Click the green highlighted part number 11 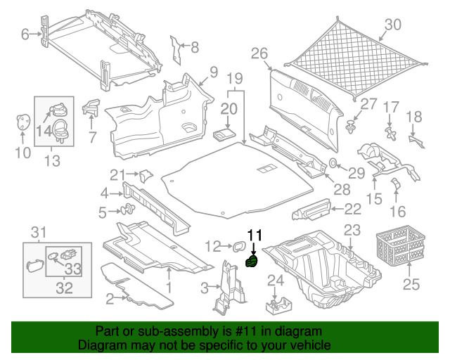[x=251, y=261]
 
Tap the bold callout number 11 [x=255, y=236]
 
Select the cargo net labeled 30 [x=356, y=58]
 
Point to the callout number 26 [x=259, y=53]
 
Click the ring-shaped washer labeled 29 [x=333, y=163]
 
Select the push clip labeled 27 [x=350, y=127]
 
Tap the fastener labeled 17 [x=391, y=133]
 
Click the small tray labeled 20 [x=224, y=134]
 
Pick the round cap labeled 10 [x=22, y=122]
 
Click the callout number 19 [x=235, y=78]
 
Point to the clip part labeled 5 [x=128, y=209]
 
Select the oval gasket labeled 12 [x=239, y=246]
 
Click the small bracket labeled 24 [x=278, y=306]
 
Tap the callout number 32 [x=64, y=288]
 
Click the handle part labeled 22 [x=311, y=210]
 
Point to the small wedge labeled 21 [x=146, y=176]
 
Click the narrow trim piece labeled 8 [x=176, y=50]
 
